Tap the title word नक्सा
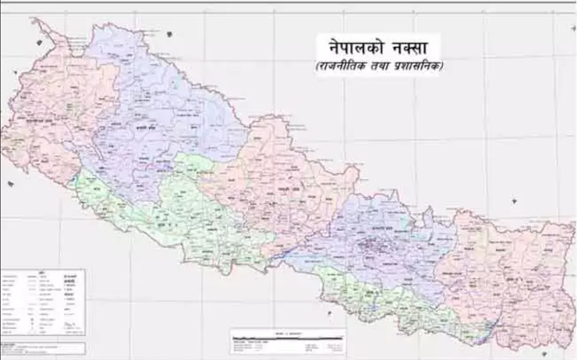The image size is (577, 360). [x=410, y=46]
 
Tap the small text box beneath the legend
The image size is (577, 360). [x=43, y=348]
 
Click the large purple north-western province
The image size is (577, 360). [x=158, y=113]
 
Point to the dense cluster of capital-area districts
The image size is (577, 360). [x=369, y=245]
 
